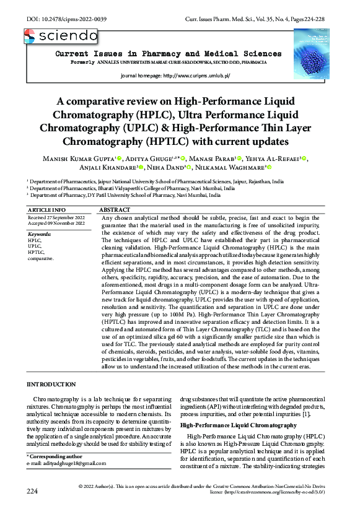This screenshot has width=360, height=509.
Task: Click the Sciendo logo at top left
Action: pos(61,37)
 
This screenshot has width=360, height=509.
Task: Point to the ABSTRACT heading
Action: pos(115,211)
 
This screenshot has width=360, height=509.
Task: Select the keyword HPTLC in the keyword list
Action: pos(37,252)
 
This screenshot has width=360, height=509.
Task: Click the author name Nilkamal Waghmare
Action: pos(232,168)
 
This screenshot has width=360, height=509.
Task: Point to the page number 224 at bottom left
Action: pos(33,491)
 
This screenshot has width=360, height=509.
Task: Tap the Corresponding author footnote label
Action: pos(57,456)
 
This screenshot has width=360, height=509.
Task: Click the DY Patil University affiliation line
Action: pos(125,195)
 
